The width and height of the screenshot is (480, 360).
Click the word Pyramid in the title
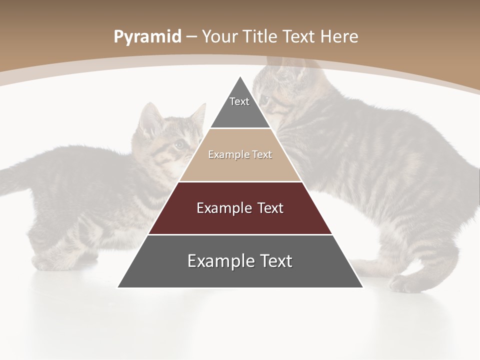(147, 37)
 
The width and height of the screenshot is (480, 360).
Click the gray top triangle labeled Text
(240, 107)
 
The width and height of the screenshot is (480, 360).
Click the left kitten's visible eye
(178, 144)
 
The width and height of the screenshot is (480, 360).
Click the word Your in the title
(220, 36)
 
